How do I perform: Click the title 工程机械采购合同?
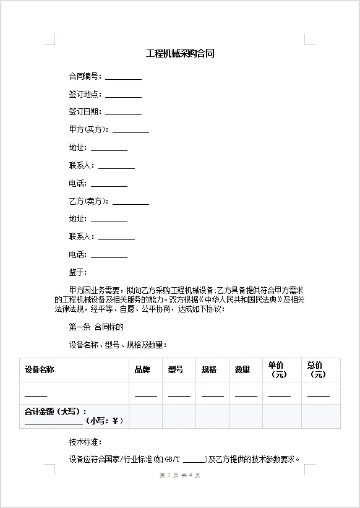[180, 54]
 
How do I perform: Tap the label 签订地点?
[85, 95]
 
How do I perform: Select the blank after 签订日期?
[123, 113]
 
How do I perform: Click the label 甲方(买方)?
[88, 130]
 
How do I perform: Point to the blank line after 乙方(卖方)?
[131, 202]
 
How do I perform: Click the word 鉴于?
[78, 272]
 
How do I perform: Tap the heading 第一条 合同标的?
[96, 327]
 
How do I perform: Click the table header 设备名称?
[39, 370]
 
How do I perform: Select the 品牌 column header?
[142, 370]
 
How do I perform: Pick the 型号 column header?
[176, 370]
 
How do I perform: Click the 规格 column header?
[209, 370]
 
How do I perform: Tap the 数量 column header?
[242, 370]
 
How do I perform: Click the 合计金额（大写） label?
[54, 411]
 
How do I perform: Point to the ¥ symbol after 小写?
[116, 421]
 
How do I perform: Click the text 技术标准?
[85, 442]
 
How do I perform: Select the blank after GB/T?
[195, 460]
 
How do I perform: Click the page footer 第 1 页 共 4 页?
[180, 475]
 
